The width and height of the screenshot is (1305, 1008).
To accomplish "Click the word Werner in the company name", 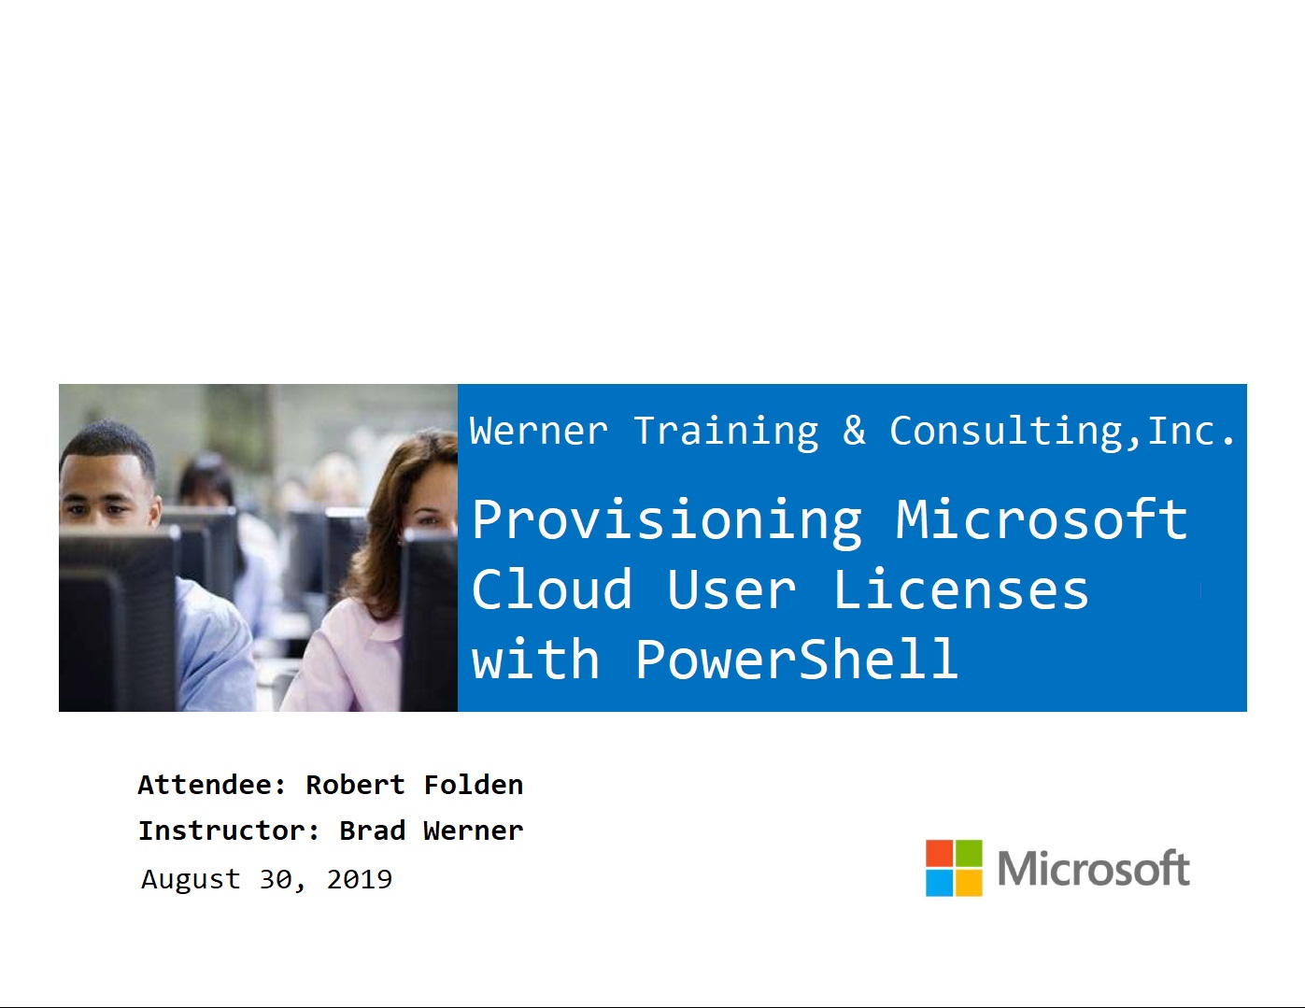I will pyautogui.click(x=538, y=432).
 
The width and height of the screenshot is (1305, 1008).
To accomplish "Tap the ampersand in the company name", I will pyautogui.click(x=854, y=431).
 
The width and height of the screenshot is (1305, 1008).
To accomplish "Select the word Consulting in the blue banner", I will pyautogui.click(x=1014, y=432).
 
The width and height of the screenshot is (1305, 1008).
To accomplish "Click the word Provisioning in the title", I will pyautogui.click(x=667, y=520).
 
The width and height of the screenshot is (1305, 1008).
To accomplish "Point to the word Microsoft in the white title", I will pyautogui.click(x=1042, y=519).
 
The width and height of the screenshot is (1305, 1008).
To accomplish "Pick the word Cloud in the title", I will pyautogui.click(x=552, y=590).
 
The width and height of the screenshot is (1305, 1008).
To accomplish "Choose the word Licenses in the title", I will pyautogui.click(x=960, y=590).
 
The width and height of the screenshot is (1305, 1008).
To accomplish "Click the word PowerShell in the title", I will pyautogui.click(x=797, y=660).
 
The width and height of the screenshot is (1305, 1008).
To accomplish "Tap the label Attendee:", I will pyautogui.click(x=212, y=785).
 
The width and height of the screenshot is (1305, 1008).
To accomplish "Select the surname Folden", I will pyautogui.click(x=474, y=785).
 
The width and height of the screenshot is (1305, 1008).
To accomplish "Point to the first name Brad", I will pyautogui.click(x=372, y=831).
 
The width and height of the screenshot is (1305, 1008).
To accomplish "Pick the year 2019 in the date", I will pyautogui.click(x=360, y=879).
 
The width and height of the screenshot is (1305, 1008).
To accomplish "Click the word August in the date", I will pyautogui.click(x=191, y=880).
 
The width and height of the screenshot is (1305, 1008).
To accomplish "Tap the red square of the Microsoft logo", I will pyautogui.click(x=939, y=853).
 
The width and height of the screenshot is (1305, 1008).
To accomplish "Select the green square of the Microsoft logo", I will pyautogui.click(x=969, y=853).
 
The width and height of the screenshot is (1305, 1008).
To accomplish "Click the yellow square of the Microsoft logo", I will pyautogui.click(x=969, y=883).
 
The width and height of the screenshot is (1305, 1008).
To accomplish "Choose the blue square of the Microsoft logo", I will pyautogui.click(x=939, y=883).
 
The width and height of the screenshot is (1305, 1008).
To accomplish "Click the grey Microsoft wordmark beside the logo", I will pyautogui.click(x=1093, y=869).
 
